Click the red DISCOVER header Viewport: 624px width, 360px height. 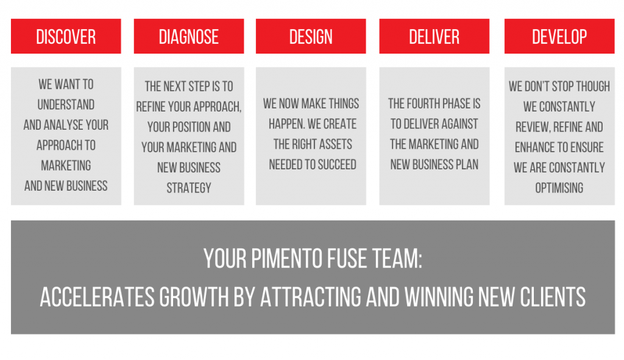[66, 36]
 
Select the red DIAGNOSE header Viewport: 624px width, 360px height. [189, 36]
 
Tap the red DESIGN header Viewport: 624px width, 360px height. [311, 36]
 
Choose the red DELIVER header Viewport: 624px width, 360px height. [434, 36]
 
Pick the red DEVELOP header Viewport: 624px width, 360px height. [559, 36]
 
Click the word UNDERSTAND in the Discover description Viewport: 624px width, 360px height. [66, 105]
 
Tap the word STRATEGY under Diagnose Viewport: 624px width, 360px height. [189, 188]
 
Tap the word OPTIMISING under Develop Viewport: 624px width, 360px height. [559, 188]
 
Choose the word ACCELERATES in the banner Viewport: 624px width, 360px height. [97, 297]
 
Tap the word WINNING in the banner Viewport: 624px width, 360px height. [439, 297]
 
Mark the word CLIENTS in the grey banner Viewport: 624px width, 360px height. [552, 297]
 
